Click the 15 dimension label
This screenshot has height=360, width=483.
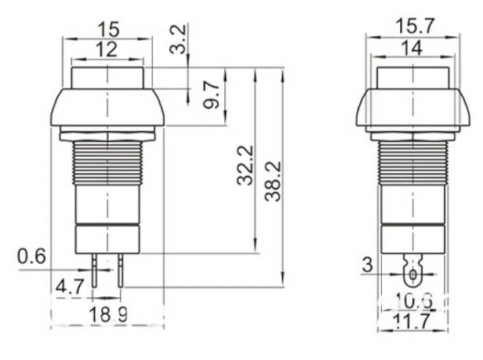[107, 29]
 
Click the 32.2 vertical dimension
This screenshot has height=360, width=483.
[246, 165]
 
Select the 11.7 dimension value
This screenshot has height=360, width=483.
[413, 321]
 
